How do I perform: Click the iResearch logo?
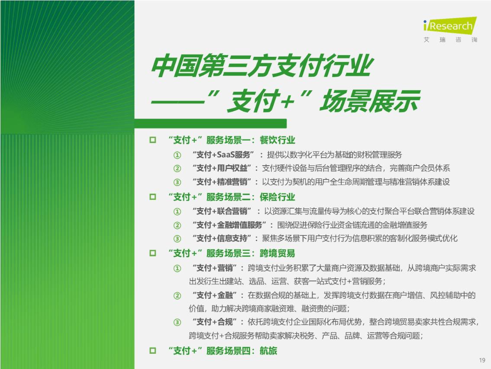(x=450, y=29)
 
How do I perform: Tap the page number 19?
(x=482, y=360)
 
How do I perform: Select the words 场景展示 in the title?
(x=369, y=101)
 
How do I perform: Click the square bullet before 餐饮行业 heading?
(x=153, y=140)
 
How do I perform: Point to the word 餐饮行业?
(x=278, y=140)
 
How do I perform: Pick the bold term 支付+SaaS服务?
(x=223, y=154)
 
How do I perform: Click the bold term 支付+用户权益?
(x=222, y=168)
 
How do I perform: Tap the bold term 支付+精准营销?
(x=222, y=182)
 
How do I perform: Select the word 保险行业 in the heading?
(x=278, y=197)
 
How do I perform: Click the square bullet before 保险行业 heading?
(x=153, y=197)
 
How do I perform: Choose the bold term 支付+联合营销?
(x=222, y=211)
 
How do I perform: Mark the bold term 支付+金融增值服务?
(x=229, y=225)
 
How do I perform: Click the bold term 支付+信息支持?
(x=222, y=238)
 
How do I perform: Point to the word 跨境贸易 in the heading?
(x=278, y=253)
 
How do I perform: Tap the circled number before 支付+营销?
(x=177, y=268)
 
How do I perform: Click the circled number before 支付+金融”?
(x=177, y=296)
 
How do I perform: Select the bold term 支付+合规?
(x=214, y=322)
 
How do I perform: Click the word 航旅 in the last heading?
(x=268, y=350)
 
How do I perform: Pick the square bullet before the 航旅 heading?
(x=153, y=350)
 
